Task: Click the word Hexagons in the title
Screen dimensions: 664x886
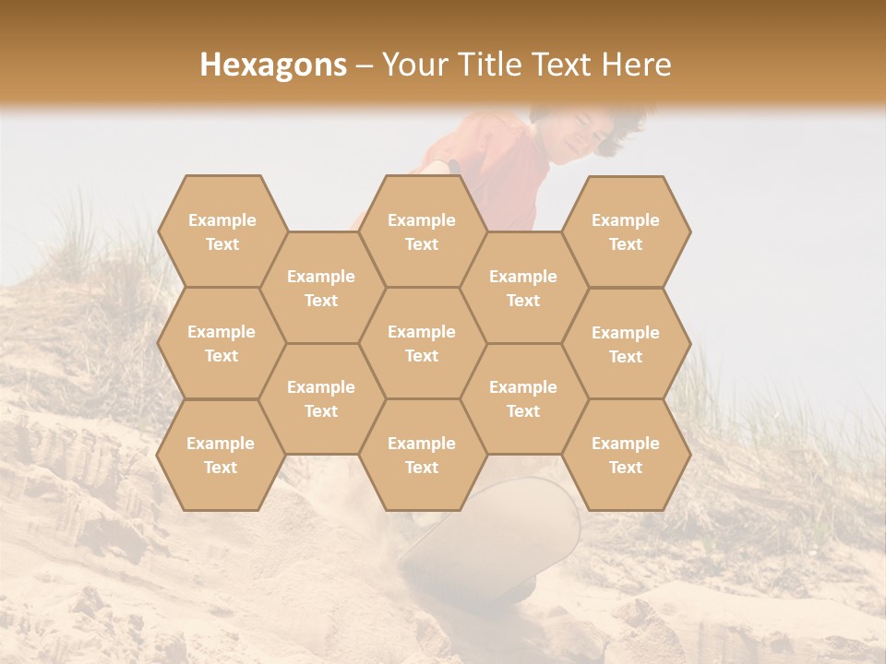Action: click(x=273, y=65)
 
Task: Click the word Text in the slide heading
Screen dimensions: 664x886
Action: click(x=560, y=65)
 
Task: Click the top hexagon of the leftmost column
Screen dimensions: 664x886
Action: click(x=221, y=231)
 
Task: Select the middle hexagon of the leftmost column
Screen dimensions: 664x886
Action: click(x=221, y=343)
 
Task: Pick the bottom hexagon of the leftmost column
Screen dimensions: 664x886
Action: click(x=221, y=455)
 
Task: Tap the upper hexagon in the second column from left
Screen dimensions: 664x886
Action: click(x=321, y=288)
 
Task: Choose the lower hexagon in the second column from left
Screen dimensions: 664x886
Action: click(x=321, y=398)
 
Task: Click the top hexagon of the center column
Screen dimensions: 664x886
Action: click(x=422, y=231)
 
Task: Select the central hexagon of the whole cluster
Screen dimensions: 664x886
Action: click(x=422, y=343)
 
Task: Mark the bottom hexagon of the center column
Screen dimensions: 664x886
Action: click(x=422, y=455)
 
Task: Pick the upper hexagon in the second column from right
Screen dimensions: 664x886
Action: click(x=523, y=288)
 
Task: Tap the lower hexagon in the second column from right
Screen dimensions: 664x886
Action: click(x=523, y=398)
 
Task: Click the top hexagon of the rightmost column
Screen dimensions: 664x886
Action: click(x=626, y=231)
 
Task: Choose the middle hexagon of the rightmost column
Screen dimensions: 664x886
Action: click(x=626, y=344)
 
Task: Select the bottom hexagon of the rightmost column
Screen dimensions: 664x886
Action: click(x=626, y=455)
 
